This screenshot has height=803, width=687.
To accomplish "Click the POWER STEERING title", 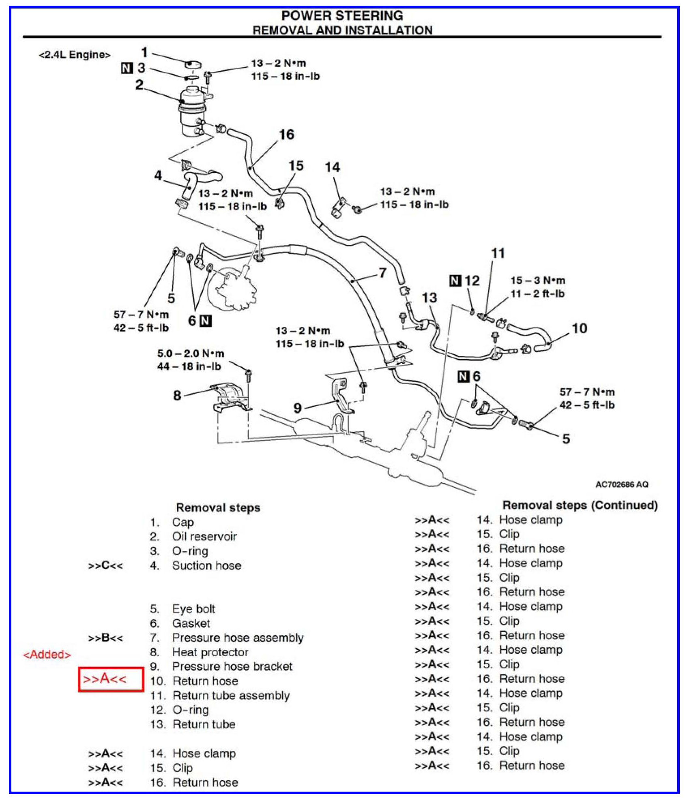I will tap(342, 15).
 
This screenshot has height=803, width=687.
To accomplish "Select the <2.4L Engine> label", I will tap(74, 55).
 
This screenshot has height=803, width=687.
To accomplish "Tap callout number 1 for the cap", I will tap(144, 52).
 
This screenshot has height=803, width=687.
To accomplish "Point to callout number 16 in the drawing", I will tap(286, 135).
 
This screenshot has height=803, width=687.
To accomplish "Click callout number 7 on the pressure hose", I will tap(382, 273).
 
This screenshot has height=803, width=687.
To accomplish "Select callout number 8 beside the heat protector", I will tap(177, 395).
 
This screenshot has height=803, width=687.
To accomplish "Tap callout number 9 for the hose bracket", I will tap(298, 407).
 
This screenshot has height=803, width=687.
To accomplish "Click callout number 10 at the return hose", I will tap(580, 328).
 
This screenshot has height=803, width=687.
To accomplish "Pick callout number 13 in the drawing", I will tap(429, 298).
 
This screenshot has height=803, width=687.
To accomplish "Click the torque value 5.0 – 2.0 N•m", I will tap(191, 353).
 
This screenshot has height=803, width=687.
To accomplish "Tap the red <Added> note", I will tap(47, 654).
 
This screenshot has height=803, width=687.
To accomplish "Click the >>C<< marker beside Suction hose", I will tap(105, 565).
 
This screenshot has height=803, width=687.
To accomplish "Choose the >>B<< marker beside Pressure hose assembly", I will tap(105, 638).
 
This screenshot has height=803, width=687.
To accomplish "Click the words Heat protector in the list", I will tap(210, 652).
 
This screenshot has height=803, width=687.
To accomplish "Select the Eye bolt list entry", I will tap(193, 609).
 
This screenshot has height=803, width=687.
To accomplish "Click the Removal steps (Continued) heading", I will tap(580, 505).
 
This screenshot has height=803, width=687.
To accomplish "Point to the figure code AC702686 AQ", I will tap(622, 484).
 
